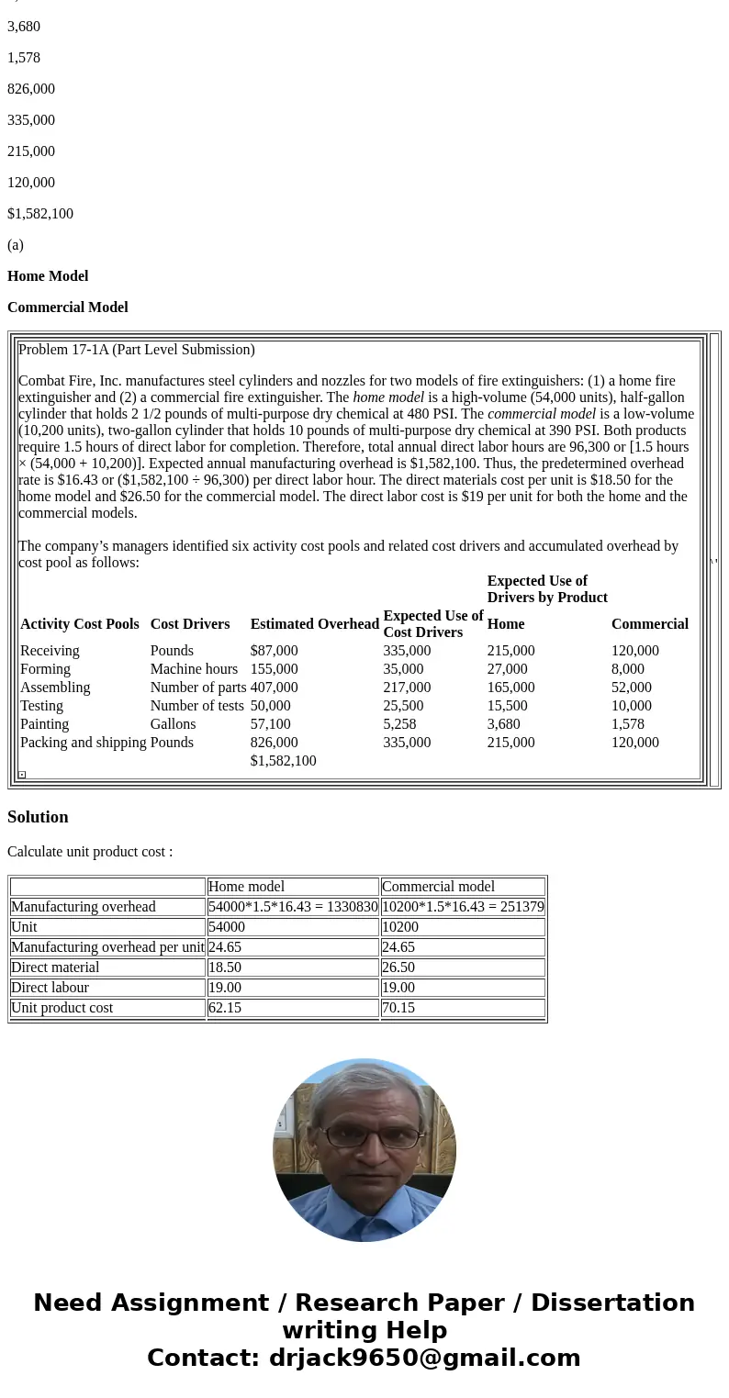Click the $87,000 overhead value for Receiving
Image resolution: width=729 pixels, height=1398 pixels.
coord(274,651)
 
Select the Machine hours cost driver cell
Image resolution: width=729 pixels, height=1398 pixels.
coord(194,669)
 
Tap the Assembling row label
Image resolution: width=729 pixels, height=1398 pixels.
coord(55,688)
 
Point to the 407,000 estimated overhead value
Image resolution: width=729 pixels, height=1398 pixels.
coord(274,688)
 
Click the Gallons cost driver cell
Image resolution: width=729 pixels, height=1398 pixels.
coord(173,724)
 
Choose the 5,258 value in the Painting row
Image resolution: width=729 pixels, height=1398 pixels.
coord(399,724)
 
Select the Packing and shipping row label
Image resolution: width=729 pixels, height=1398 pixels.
coord(83,743)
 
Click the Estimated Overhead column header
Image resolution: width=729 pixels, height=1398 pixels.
coord(314,624)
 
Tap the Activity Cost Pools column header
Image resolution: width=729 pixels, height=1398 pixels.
coord(80,624)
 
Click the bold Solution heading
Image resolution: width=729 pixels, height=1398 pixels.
coord(38,817)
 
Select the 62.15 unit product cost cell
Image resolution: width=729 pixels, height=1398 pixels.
coord(224,1008)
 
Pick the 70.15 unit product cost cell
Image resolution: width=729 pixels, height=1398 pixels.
coord(398,1008)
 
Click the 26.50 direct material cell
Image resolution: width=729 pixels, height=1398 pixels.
coord(398,967)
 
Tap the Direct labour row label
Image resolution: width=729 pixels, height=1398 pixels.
coord(50,988)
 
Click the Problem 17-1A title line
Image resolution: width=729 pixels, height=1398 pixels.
coord(137,350)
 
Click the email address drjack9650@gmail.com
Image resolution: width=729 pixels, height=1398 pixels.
coord(424,1359)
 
